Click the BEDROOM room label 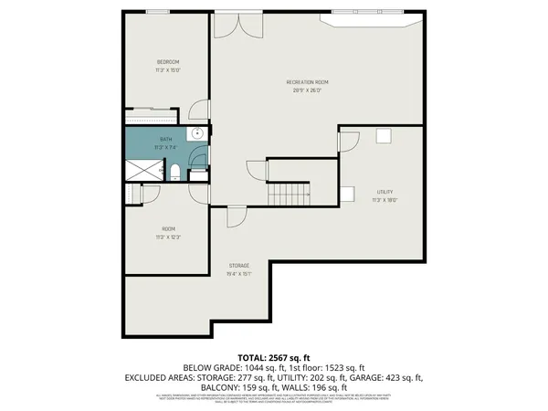pos(167,62)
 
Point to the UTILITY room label pos(385,191)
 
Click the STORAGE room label pos(239,266)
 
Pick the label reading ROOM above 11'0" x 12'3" pos(168,228)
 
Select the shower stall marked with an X pos(142,169)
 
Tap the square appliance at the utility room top pos(384,136)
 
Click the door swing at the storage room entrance pos(236,216)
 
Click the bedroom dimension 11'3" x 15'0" pos(167,69)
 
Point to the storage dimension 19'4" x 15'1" pos(239,273)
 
